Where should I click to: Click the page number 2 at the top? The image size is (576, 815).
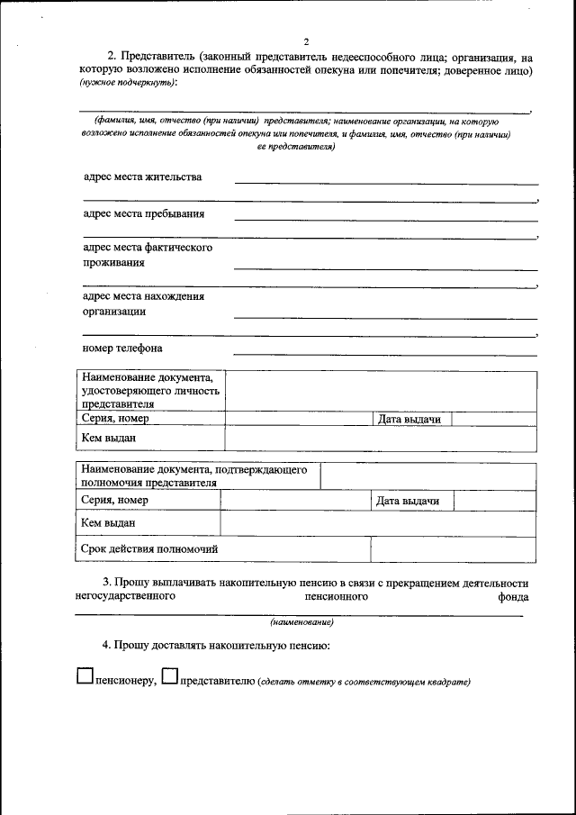pyautogui.click(x=306, y=41)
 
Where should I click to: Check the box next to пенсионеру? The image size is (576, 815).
pyautogui.click(x=85, y=676)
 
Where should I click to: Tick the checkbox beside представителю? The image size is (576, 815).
pyautogui.click(x=169, y=676)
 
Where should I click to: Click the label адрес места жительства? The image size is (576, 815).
pyautogui.click(x=142, y=177)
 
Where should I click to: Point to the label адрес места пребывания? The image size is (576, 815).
pyautogui.click(x=143, y=213)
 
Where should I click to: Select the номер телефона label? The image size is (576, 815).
pyautogui.click(x=122, y=348)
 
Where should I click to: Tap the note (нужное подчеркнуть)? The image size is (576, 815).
pyautogui.click(x=129, y=83)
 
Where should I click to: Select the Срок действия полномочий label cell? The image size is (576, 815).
pyautogui.click(x=149, y=548)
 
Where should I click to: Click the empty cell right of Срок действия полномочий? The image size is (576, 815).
pyautogui.click(x=454, y=548)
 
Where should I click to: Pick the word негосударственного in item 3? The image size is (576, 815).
pyautogui.click(x=125, y=595)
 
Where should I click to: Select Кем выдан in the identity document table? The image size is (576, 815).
pyautogui.click(x=108, y=438)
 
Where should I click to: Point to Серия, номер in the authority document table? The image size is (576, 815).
pyautogui.click(x=114, y=500)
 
